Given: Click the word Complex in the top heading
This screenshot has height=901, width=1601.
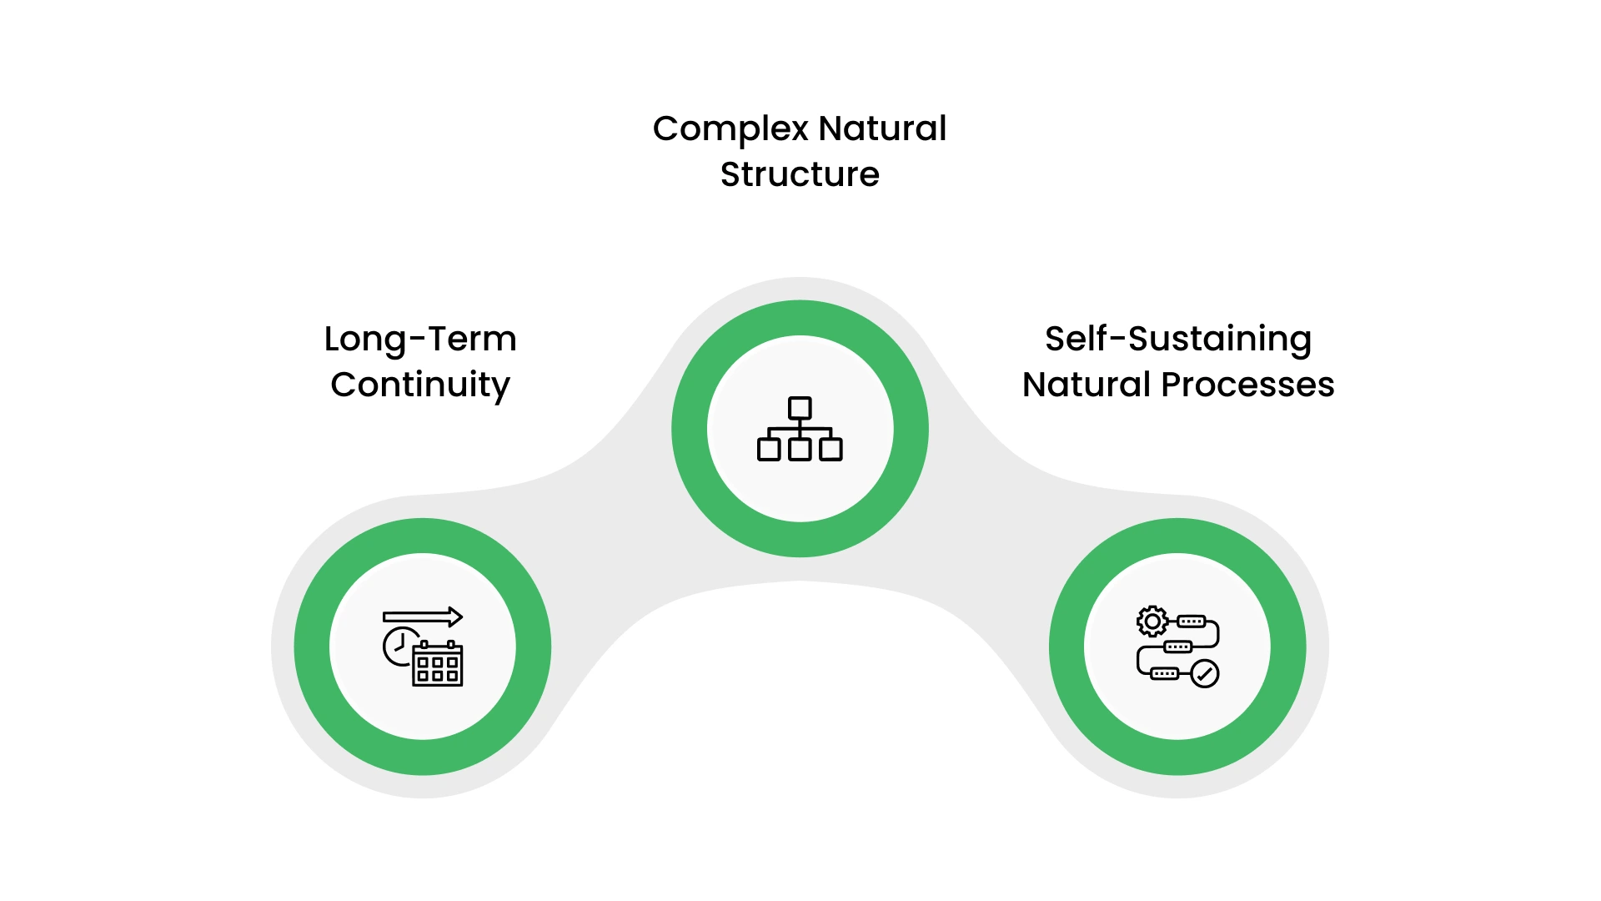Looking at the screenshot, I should coord(730,129).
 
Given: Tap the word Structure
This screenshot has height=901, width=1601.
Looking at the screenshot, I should coord(800,175).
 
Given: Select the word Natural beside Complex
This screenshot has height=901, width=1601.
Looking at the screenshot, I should coord(882,129).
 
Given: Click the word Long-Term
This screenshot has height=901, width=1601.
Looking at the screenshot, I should coord(420,340).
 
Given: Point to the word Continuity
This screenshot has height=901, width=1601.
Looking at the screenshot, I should coord(420,385).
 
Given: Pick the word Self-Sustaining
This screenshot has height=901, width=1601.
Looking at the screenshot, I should coord(1178,340).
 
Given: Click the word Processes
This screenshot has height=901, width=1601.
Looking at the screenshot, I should coord(1247,385).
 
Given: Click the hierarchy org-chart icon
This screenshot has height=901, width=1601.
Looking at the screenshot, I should coord(800,429).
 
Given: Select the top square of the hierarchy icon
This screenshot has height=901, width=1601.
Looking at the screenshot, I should coord(800,408).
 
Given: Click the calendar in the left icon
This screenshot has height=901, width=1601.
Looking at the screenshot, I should coord(439,665).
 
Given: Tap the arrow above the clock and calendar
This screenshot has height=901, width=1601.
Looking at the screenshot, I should coord(423,617).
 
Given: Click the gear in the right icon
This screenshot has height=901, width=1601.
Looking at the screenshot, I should coord(1152,622).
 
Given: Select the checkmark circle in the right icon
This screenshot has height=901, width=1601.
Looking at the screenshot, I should coord(1204,673).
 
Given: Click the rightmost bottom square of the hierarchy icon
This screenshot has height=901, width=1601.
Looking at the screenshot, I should coord(831,450).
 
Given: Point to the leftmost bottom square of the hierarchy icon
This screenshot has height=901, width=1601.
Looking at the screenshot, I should coord(769,450).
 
